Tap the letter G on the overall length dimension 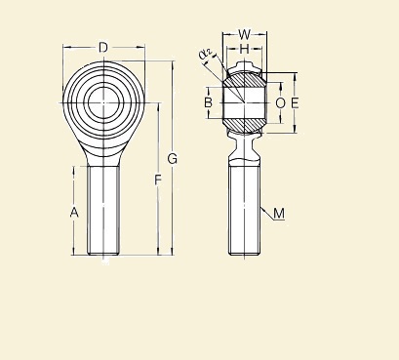(173, 159)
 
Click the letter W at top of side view (245, 35)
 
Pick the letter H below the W (245, 49)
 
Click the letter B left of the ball (208, 101)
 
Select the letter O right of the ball (280, 101)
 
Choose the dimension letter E (295, 101)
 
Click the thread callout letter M (279, 214)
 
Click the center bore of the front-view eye (103, 100)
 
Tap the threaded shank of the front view (103, 210)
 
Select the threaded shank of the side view (245, 210)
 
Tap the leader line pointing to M (267, 210)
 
